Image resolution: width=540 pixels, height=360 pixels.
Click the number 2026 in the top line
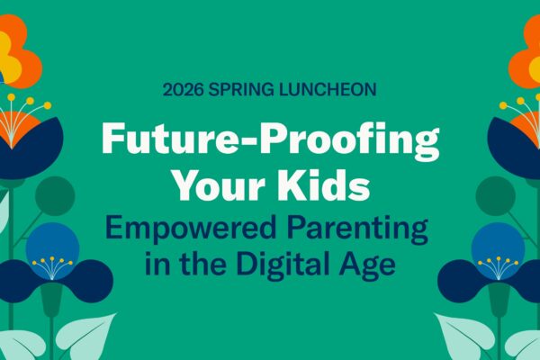184,90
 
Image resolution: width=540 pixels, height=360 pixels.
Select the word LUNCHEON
328,90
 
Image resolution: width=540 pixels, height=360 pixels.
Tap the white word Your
220,185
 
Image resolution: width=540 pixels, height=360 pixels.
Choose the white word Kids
324,184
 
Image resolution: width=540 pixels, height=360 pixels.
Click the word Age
367,265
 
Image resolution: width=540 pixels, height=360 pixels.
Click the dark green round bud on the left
55,195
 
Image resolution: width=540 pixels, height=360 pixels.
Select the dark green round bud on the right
496,195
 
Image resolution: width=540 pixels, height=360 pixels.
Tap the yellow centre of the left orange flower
10,58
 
